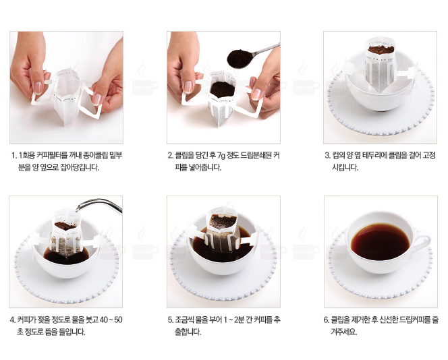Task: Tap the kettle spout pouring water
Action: [99, 204]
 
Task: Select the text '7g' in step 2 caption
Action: [221, 156]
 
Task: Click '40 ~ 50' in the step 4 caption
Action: [111, 320]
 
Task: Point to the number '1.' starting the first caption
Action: [14, 156]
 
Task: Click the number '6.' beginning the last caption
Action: [327, 320]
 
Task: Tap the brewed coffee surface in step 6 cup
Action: [381, 241]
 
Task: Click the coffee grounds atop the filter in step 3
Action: [381, 50]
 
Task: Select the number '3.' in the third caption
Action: [327, 156]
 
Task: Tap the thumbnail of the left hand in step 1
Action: [38, 88]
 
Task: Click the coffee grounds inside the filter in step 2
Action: [222, 90]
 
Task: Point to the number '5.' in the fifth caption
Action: [171, 320]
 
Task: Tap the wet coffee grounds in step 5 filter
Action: [223, 221]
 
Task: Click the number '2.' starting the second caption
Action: [170, 156]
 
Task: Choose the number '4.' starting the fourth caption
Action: [13, 320]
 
